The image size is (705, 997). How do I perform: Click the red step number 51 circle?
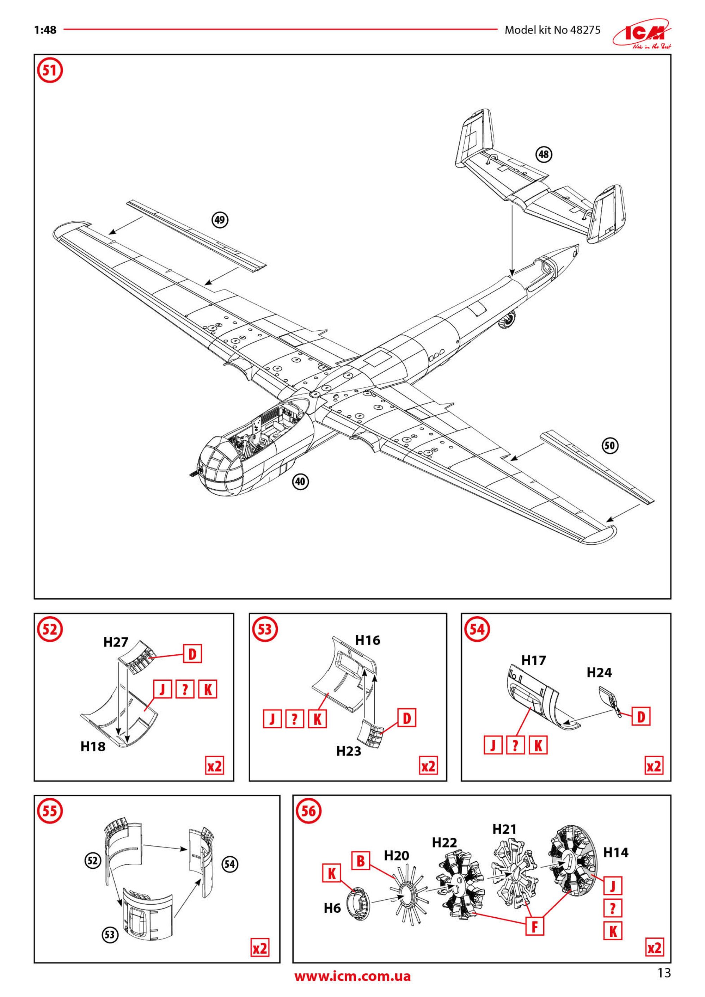(50, 71)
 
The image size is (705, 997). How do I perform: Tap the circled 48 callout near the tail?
(544, 154)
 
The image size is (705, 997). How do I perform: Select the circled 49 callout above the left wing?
(220, 220)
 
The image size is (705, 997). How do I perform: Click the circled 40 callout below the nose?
(300, 482)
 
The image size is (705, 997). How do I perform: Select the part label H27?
(116, 643)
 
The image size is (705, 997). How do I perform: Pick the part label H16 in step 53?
(367, 641)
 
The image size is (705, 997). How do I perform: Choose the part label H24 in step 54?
(599, 673)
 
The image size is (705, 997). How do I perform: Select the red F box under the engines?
(534, 927)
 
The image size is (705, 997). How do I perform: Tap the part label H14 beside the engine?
(615, 853)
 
